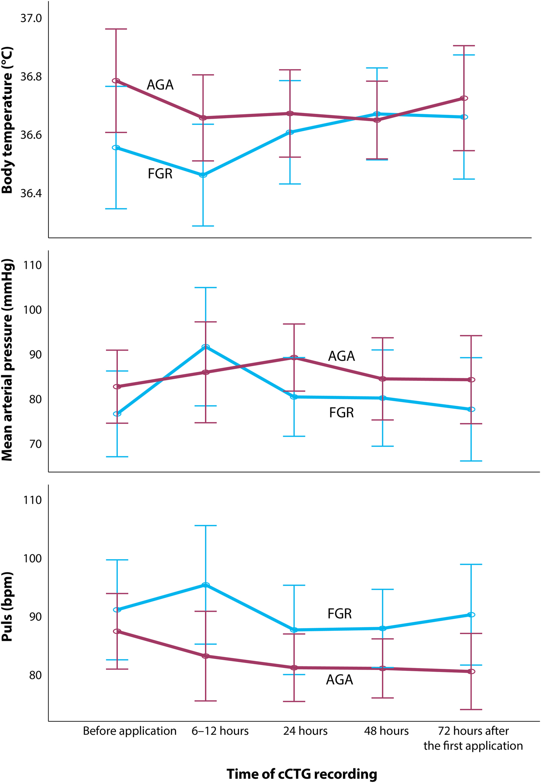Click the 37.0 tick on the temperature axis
click(x=31, y=18)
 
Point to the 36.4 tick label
click(x=31, y=193)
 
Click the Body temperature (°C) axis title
click(x=7, y=120)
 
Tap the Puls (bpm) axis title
click(x=7, y=606)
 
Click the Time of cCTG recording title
click(x=302, y=774)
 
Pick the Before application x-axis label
click(x=130, y=730)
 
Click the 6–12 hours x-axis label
click(x=220, y=730)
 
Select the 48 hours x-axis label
click(x=386, y=730)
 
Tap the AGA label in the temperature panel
click(x=160, y=85)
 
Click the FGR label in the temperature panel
click(x=160, y=174)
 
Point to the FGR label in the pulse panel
click(x=339, y=613)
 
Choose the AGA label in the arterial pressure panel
click(x=341, y=356)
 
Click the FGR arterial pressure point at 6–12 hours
click(x=206, y=347)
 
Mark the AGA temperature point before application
click(x=116, y=81)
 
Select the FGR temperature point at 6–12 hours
click(x=203, y=175)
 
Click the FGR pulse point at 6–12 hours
click(x=206, y=585)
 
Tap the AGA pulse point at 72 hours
click(x=471, y=671)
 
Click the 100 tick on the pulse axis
click(x=33, y=558)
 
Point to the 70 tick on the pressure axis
click(x=35, y=444)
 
